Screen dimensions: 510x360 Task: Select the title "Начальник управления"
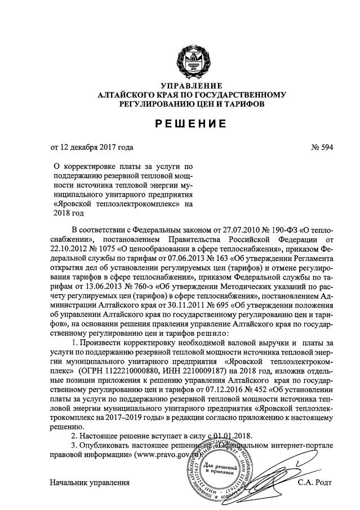coord(90,482)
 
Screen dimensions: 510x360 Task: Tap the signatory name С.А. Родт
coord(315,482)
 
